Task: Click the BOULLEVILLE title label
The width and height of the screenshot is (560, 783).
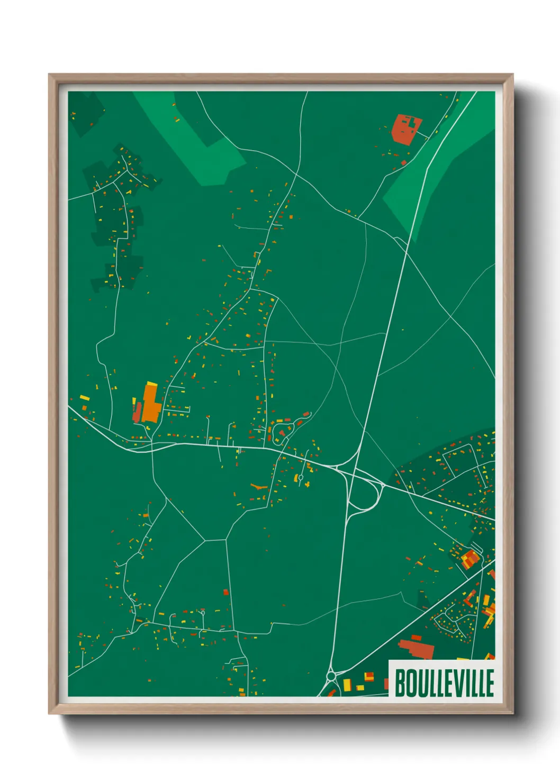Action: (x=444, y=682)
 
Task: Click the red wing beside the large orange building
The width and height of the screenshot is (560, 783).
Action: (x=138, y=413)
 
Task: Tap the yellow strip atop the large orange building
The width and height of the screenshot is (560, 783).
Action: (x=151, y=385)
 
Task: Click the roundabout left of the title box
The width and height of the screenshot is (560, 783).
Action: (x=331, y=676)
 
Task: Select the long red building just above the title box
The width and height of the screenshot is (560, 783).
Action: (x=417, y=649)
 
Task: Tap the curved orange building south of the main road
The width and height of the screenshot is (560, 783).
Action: (x=259, y=486)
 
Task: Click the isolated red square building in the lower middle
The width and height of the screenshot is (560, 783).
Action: (x=226, y=592)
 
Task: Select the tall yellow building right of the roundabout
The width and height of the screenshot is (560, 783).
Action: (x=347, y=685)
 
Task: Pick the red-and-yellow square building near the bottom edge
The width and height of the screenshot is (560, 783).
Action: (x=369, y=677)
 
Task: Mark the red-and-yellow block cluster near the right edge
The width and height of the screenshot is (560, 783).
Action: (x=468, y=558)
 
